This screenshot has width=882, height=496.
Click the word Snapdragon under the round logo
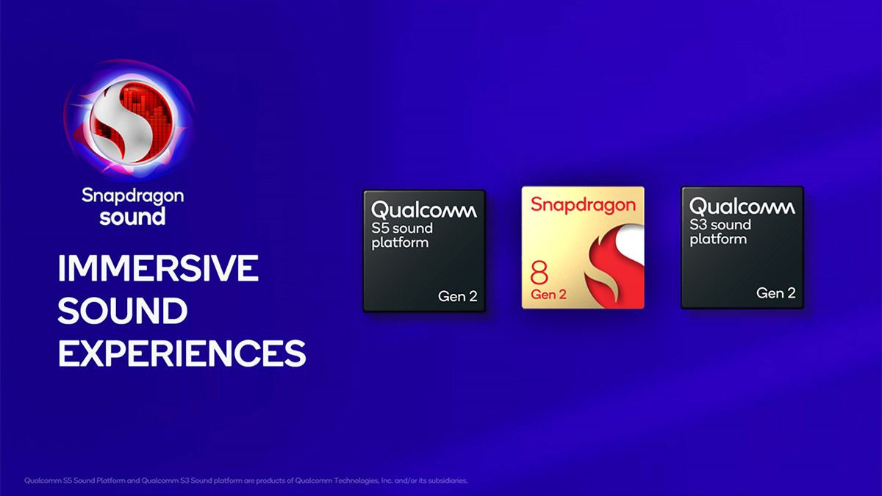click(132, 196)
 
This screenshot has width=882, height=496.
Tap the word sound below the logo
click(132, 217)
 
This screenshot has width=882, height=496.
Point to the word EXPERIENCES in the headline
click(182, 353)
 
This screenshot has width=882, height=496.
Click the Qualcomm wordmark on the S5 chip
click(424, 211)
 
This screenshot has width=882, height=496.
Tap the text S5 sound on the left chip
click(402, 228)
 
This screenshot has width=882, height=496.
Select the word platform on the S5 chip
click(400, 242)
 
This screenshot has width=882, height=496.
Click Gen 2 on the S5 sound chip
click(456, 296)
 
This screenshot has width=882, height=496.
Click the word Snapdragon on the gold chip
click(583, 205)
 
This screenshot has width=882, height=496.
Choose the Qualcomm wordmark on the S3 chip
click(742, 207)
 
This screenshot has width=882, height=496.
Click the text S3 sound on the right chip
click(720, 225)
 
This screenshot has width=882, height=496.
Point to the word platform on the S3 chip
click(718, 240)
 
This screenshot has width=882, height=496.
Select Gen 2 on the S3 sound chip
click(775, 293)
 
